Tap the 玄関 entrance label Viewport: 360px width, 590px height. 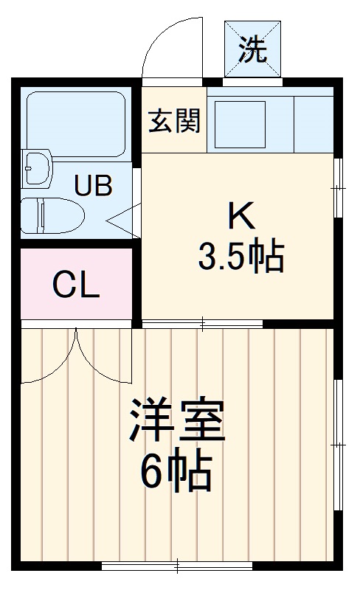(x=175, y=120)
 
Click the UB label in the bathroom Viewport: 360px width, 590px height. (x=93, y=185)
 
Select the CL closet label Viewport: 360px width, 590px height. (x=76, y=285)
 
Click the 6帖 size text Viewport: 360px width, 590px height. (x=176, y=471)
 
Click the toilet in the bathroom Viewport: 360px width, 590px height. (x=50, y=214)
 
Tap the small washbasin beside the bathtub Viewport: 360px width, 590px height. (x=37, y=168)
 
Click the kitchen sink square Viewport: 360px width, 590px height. (x=239, y=119)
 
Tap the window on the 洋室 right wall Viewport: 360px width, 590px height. (x=338, y=445)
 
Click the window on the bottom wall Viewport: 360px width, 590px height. (x=177, y=566)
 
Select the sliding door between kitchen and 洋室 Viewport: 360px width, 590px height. (x=202, y=323)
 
